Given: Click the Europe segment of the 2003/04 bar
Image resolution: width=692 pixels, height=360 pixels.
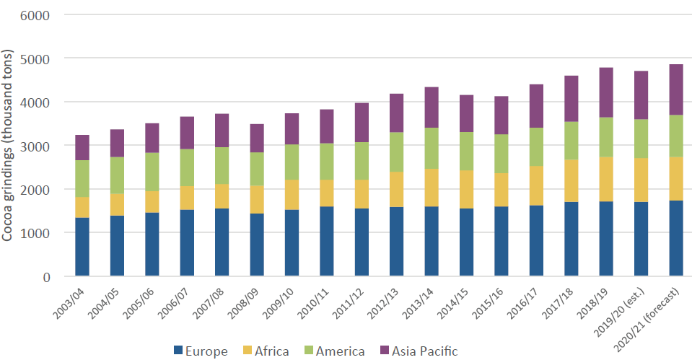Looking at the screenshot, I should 82,247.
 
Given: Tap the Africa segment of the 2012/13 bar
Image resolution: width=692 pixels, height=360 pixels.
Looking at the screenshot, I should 397,190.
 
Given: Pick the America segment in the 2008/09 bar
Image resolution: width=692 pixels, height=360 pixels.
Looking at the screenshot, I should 257,169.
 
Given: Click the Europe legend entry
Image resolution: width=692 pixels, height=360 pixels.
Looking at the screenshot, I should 201,351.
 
